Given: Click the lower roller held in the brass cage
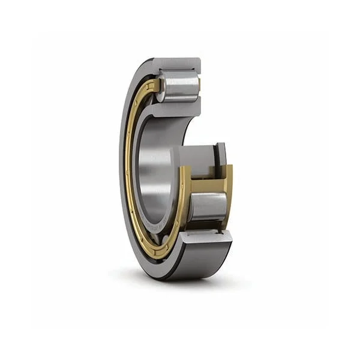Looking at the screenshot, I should (x=208, y=206).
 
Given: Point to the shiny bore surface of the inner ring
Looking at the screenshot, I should (x=157, y=174).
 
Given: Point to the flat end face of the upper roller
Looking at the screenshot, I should (x=196, y=88).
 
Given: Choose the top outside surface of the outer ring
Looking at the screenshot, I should (x=177, y=59).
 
